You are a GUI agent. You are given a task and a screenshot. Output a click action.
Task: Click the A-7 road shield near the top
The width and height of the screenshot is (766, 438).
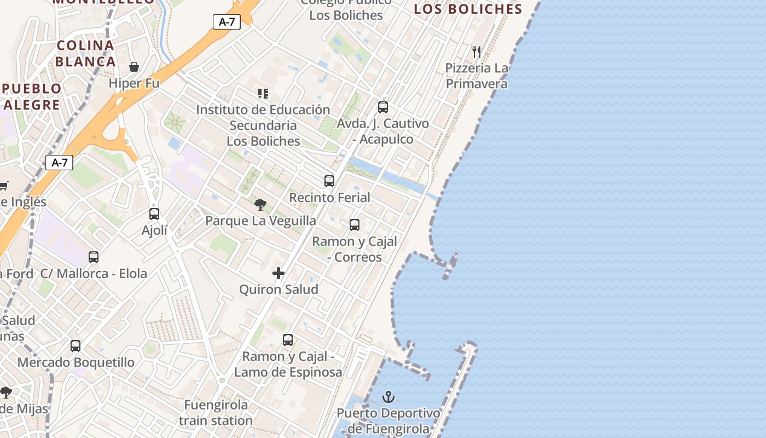227,22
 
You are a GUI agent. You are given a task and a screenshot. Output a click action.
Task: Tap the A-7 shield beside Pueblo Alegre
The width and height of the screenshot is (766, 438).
59,163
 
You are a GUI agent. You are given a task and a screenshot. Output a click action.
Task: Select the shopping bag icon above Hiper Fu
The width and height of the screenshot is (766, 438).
134,67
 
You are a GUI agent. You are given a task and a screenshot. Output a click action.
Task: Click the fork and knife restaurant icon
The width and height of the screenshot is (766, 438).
477,52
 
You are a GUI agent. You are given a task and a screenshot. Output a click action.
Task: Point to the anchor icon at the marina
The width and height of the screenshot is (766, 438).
388,397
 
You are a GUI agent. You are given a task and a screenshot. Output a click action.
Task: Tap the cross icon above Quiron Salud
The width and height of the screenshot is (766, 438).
278,273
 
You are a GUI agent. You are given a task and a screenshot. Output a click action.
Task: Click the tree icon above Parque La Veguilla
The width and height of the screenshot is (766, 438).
260,205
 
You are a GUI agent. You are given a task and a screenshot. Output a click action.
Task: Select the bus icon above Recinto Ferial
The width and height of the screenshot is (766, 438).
329,181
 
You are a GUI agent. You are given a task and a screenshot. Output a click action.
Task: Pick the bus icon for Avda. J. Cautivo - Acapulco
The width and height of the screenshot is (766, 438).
383,107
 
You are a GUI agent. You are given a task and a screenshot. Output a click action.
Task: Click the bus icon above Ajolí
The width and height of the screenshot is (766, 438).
154,214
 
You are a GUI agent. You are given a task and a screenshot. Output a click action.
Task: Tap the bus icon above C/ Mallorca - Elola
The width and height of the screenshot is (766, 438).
94,257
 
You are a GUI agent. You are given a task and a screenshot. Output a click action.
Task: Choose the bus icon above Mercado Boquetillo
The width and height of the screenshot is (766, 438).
76,345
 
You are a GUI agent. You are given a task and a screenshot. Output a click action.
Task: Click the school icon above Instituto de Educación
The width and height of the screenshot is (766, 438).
263,94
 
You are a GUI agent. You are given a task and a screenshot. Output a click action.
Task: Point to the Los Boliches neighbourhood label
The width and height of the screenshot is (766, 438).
468,9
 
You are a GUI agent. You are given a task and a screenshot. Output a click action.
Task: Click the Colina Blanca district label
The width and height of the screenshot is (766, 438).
85,53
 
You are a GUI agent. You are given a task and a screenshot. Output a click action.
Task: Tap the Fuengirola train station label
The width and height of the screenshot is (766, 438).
216,413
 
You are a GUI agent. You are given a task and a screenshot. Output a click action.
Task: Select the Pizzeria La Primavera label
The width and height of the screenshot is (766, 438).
477,76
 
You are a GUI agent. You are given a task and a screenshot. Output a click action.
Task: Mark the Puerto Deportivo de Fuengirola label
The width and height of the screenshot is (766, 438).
388,420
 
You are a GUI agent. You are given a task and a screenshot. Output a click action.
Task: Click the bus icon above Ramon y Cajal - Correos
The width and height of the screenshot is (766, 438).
355,224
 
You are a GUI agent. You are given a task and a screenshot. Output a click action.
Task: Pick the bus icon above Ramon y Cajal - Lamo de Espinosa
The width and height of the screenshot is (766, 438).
288,339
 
